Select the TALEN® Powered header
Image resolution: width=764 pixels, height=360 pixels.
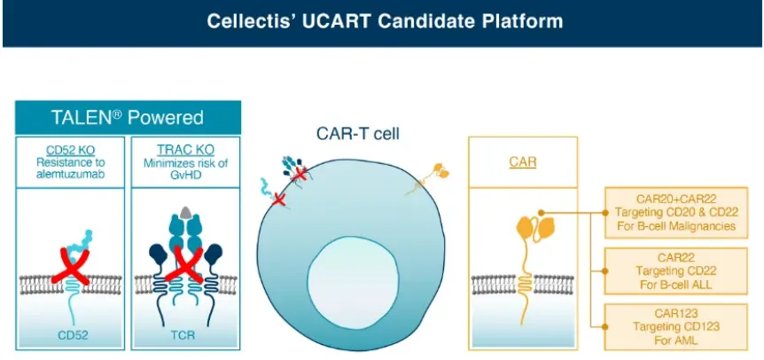[x=127, y=118]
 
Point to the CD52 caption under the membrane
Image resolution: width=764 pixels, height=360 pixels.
[x=71, y=338]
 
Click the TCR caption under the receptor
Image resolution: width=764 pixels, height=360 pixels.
[x=184, y=338]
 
